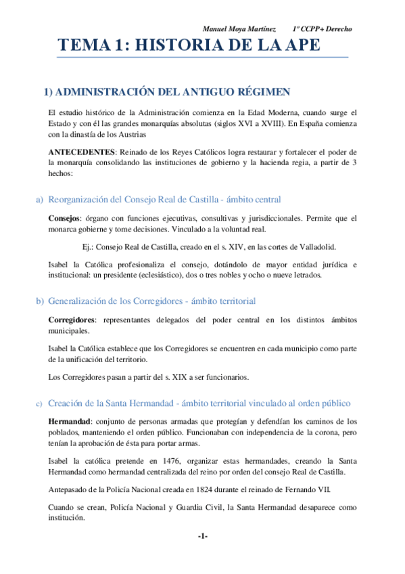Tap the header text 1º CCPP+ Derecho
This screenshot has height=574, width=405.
click(323, 29)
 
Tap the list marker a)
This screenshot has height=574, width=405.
click(39, 200)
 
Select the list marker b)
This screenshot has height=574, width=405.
click(39, 301)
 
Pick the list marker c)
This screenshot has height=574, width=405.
click(39, 404)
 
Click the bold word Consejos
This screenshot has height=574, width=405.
click(64, 219)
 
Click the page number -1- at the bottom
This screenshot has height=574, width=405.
click(202, 536)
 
